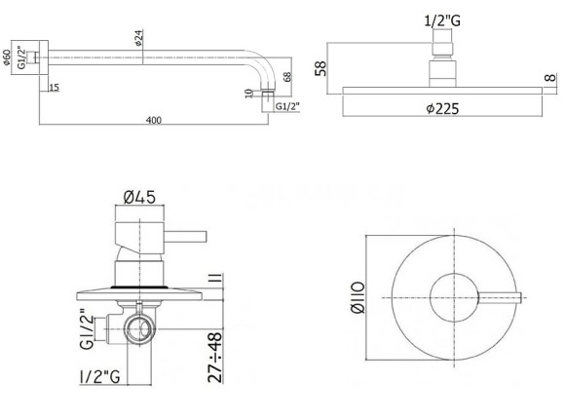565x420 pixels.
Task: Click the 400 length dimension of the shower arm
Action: (x=153, y=120)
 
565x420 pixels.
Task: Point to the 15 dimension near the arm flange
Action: (x=53, y=89)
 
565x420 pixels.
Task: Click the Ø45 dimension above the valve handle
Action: (x=139, y=200)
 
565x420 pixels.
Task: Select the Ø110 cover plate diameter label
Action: (x=358, y=294)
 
